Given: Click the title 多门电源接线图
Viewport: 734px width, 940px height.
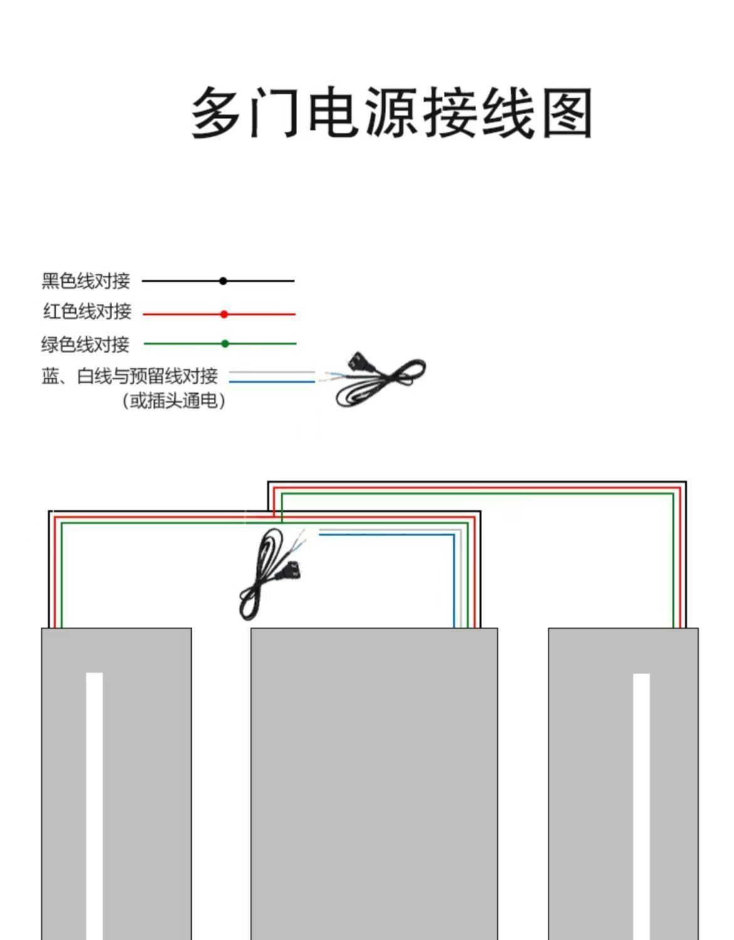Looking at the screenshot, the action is click(391, 113).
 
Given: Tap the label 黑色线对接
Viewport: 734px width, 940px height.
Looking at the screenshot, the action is click(86, 281).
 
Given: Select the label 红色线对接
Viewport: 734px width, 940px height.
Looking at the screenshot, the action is click(87, 312).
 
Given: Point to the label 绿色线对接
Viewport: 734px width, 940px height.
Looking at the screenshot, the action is click(85, 344).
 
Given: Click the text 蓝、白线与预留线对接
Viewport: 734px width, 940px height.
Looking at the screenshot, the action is click(130, 376).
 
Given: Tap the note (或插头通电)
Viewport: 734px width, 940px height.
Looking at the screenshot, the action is click(174, 401).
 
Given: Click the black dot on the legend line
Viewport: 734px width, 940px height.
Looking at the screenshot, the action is click(223, 281).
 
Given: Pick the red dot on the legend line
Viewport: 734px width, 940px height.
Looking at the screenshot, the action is click(224, 314).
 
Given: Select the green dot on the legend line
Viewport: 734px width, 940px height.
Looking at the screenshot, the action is click(225, 344).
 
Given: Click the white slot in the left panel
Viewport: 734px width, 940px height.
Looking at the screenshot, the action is click(95, 803).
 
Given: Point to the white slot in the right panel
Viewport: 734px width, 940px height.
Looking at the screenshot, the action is click(641, 803).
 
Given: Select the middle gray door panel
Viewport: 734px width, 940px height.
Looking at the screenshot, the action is click(374, 784).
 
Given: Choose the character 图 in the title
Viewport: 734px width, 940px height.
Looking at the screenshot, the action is click(567, 114).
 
